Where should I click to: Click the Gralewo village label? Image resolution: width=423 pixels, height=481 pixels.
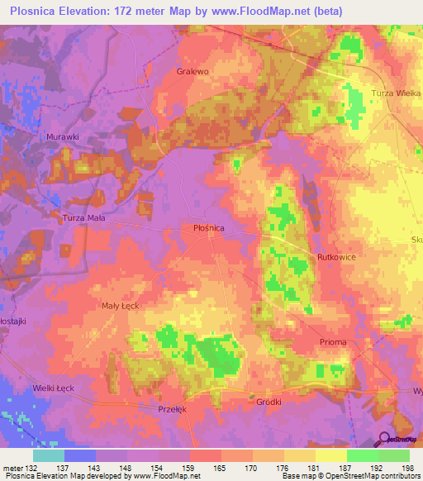(x=192, y=71)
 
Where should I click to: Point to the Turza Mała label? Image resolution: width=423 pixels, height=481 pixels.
(x=84, y=218)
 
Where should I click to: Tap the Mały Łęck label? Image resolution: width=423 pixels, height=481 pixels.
(x=120, y=305)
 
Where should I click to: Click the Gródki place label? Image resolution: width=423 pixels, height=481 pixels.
(x=269, y=402)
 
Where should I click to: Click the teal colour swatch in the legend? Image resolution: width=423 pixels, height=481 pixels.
(x=49, y=455)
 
